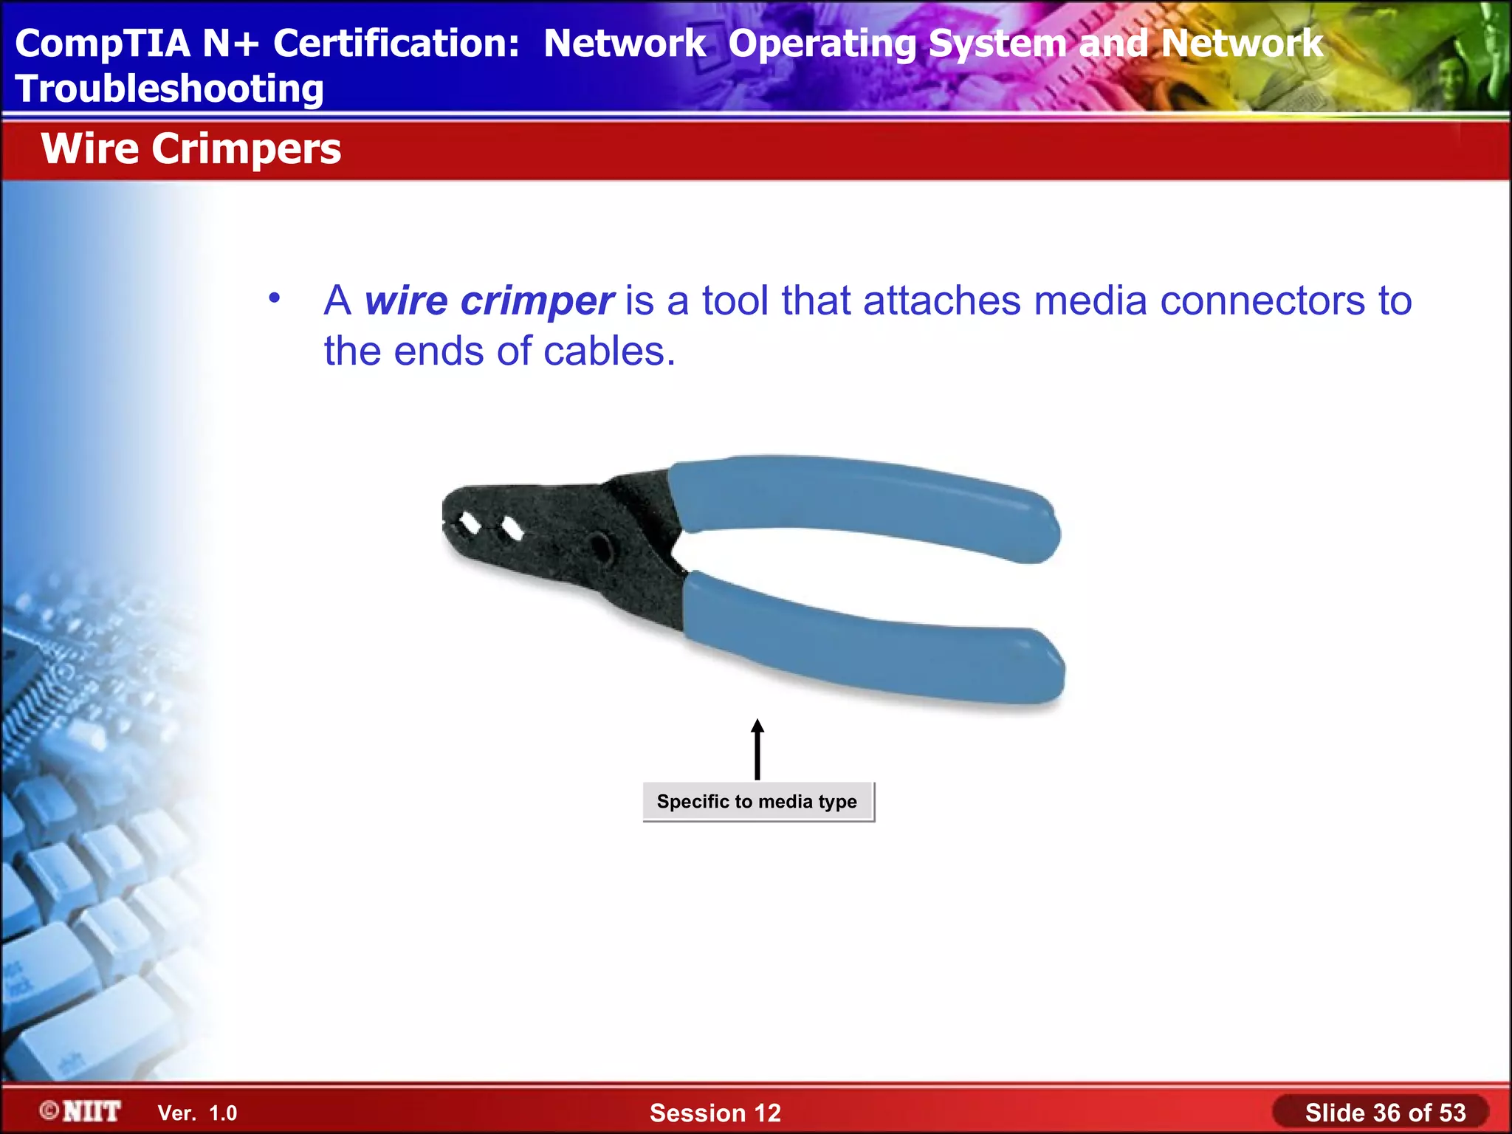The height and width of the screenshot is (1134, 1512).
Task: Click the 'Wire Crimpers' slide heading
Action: tap(190, 149)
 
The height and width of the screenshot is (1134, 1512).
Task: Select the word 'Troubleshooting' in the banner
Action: tap(169, 89)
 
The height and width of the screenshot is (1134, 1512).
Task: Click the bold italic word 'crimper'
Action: tap(537, 301)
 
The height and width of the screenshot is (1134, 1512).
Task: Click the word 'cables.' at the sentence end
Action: tap(609, 351)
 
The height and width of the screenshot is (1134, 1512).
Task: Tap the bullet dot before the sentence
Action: tap(275, 299)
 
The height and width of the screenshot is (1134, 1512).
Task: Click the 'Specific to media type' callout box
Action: tap(757, 802)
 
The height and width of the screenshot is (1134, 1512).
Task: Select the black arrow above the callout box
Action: tap(757, 749)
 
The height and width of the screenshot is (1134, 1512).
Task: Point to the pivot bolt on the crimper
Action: tap(600, 548)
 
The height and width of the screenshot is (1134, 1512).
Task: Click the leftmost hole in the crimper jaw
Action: tap(470, 523)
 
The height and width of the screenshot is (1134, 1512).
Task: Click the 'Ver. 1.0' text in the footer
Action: tap(197, 1113)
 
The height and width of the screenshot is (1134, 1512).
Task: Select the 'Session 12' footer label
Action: tap(715, 1113)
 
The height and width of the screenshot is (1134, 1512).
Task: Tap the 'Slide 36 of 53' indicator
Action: tap(1385, 1113)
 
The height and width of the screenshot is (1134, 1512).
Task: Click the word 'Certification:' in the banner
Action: tap(396, 43)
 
